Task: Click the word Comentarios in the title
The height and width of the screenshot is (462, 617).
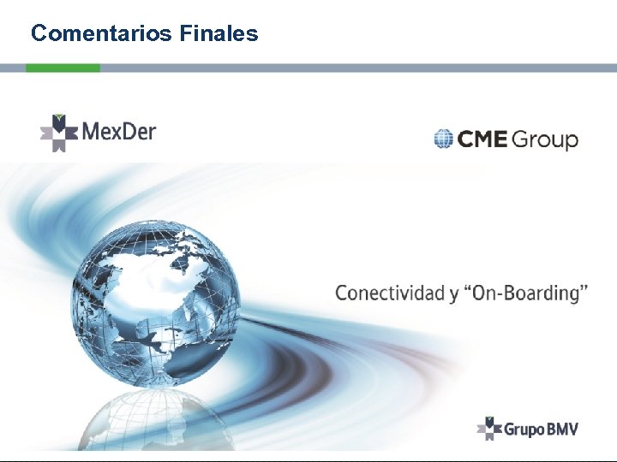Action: [x=103, y=33]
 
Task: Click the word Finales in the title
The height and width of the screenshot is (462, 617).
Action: [x=219, y=33]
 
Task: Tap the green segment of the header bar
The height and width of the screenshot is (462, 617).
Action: [x=63, y=68]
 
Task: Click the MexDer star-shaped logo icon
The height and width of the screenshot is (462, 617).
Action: [x=58, y=133]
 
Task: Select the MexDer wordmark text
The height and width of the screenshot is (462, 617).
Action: [x=119, y=132]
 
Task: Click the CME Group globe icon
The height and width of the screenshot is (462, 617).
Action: [x=443, y=139]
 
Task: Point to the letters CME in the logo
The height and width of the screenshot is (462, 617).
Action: [x=482, y=139]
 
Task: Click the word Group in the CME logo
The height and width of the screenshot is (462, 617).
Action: [x=546, y=140]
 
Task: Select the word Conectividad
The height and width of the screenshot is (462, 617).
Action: [x=389, y=293]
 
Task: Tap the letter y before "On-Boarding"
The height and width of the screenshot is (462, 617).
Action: [x=453, y=294]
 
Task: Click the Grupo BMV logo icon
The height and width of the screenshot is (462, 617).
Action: [x=488, y=428]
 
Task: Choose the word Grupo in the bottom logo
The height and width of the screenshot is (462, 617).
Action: [x=523, y=429]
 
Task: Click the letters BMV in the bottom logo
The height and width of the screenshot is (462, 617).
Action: [x=562, y=428]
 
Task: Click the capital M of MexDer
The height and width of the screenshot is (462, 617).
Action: [x=92, y=132]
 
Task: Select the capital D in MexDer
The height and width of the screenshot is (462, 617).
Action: [x=133, y=132]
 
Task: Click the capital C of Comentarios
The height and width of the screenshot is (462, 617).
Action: [x=39, y=33]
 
